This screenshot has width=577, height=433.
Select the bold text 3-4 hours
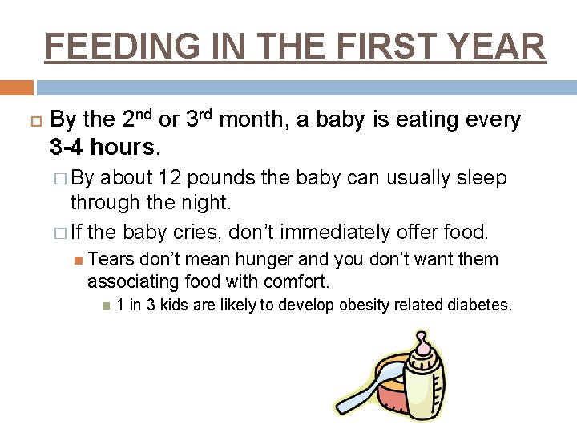104,148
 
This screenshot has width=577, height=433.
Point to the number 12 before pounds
171,178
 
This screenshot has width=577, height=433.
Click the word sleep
480,178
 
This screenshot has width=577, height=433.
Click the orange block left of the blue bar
16,87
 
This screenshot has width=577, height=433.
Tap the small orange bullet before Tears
77,260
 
